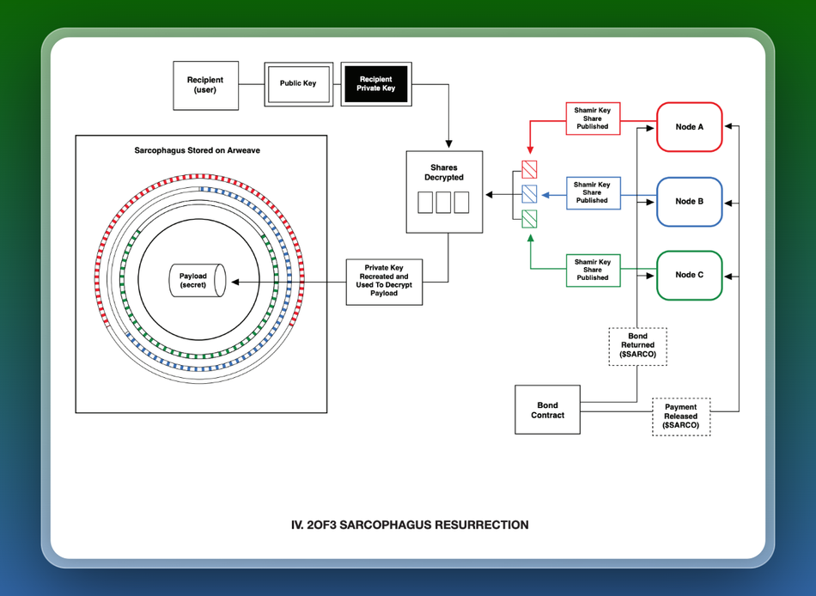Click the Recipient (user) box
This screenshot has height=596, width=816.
tap(205, 85)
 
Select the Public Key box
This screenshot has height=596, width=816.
tap(297, 83)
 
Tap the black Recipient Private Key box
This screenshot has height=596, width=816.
tap(376, 83)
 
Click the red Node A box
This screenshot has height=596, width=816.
tap(689, 127)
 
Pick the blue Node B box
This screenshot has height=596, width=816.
tap(689, 201)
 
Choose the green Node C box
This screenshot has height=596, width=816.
tap(689, 275)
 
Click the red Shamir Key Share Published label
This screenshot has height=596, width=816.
tap(592, 118)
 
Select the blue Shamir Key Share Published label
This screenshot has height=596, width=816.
tap(592, 192)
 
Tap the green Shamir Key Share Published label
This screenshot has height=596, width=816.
tap(592, 270)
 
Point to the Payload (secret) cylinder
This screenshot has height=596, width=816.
tap(195, 281)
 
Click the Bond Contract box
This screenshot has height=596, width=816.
tap(547, 410)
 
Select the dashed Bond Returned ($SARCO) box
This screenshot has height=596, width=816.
tap(637, 345)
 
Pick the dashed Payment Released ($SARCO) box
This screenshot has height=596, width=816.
tap(681, 417)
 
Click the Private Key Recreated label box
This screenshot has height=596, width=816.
tap(384, 281)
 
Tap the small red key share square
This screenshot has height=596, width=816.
tap(529, 168)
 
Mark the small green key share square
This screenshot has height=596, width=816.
tap(529, 217)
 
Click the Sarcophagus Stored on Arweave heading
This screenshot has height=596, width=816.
tap(198, 150)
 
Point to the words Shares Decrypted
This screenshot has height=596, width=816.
tap(443, 173)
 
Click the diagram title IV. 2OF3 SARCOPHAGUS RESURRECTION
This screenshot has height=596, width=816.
tap(410, 525)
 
